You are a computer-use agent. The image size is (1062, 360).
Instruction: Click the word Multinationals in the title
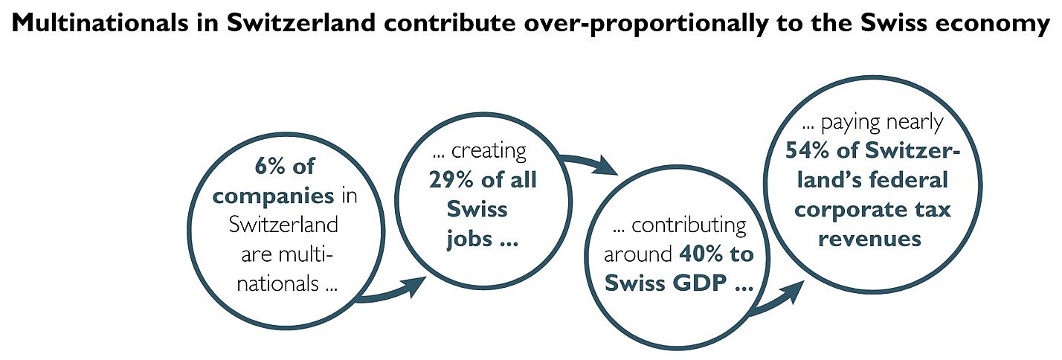100,23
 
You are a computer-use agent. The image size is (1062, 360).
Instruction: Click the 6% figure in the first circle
270,167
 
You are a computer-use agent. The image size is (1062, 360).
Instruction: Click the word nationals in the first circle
278,283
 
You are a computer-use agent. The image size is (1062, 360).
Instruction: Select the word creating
489,151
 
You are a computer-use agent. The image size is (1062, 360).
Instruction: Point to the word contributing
689,226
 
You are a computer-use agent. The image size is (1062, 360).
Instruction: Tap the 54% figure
807,151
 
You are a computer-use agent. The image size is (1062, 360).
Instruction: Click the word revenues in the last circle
870,240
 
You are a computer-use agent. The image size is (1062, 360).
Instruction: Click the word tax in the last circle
933,210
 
